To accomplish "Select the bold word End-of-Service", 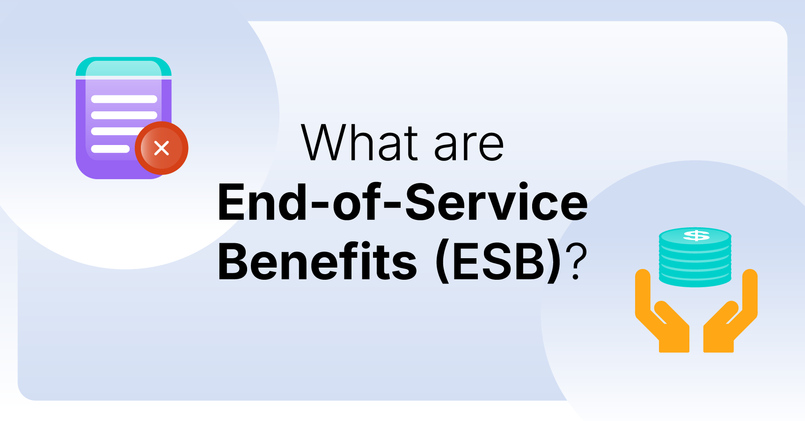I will (x=402, y=203).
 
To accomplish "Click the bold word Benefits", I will (x=317, y=261).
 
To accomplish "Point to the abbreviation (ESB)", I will (x=498, y=261).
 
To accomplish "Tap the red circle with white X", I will (x=161, y=148).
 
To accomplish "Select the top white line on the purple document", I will (x=124, y=99).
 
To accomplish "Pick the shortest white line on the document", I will (x=110, y=149).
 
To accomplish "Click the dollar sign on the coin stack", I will (x=696, y=235).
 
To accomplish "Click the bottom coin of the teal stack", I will (x=695, y=279).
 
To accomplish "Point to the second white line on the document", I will (x=124, y=116).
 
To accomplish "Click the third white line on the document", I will (x=115, y=132).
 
